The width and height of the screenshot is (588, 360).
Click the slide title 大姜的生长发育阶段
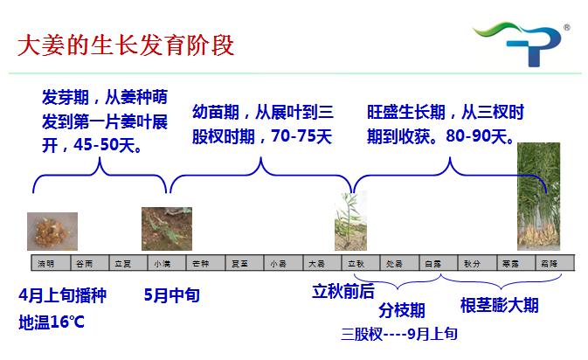[126, 44]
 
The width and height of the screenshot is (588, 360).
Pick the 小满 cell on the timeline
[162, 263]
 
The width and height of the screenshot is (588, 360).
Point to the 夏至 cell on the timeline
[239, 263]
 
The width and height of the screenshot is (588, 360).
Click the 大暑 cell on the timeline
[316, 263]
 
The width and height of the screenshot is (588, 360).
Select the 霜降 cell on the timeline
[549, 263]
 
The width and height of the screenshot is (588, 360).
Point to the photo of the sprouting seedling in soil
[166, 228]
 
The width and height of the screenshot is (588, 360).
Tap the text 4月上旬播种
[62, 296]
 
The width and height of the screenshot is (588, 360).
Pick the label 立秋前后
[343, 292]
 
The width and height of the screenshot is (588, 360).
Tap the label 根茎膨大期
[499, 306]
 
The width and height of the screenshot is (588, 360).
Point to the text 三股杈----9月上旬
[399, 335]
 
